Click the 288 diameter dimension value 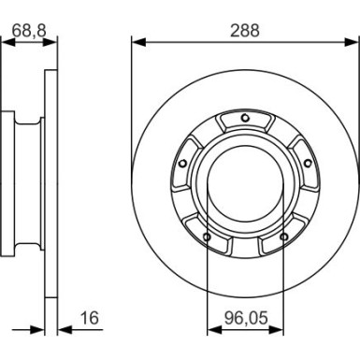[244, 30]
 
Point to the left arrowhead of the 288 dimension [137, 42]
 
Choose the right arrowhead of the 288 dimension [353, 42]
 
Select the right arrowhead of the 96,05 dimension [277, 331]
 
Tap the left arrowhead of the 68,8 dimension [9, 42]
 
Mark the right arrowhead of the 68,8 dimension [52, 42]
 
